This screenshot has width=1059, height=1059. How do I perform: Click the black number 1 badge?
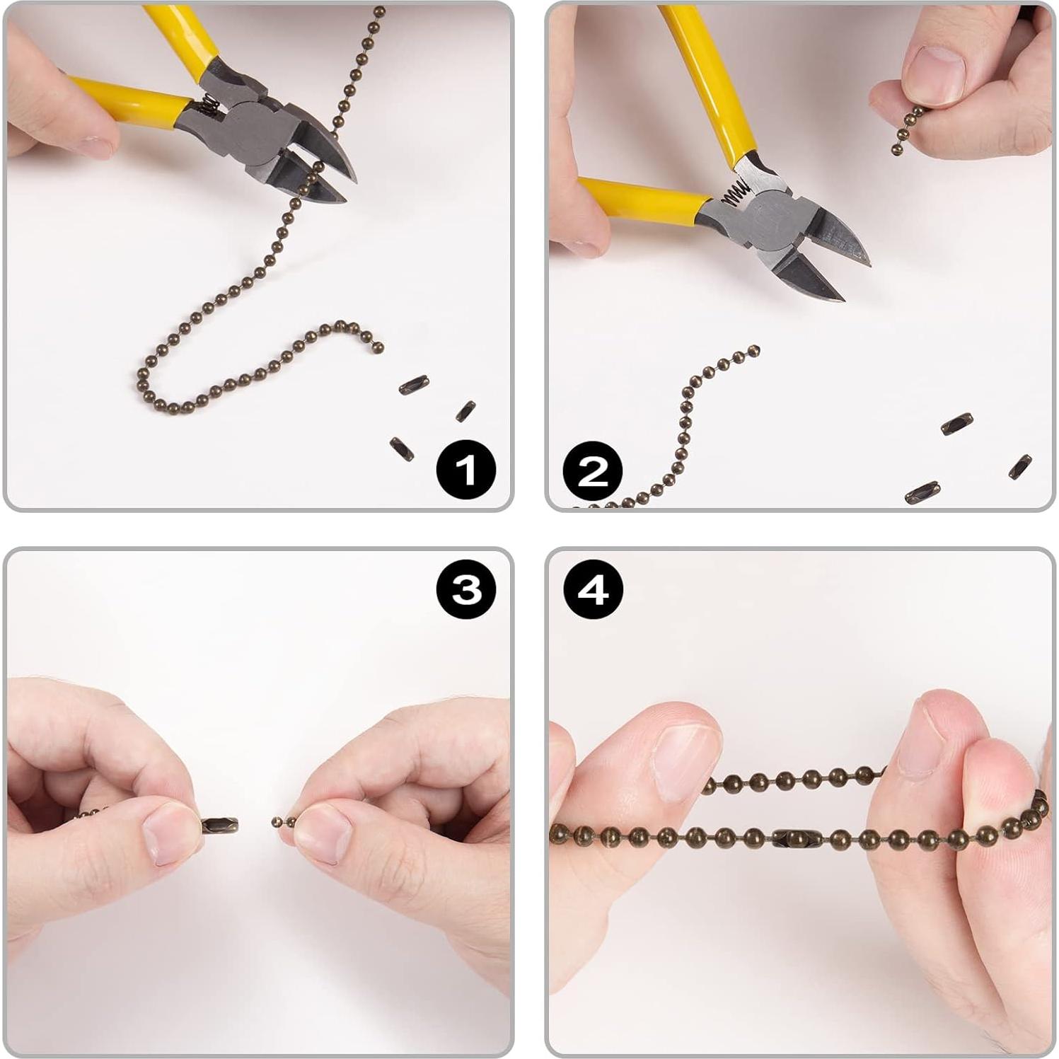point(465,469)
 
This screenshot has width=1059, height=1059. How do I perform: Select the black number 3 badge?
point(466,589)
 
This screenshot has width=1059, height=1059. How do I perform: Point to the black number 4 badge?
point(593,589)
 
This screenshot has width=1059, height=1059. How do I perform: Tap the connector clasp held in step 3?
point(220,824)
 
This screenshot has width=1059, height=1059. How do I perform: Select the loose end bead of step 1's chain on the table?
point(378,347)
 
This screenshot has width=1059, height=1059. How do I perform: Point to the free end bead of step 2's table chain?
point(754,349)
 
